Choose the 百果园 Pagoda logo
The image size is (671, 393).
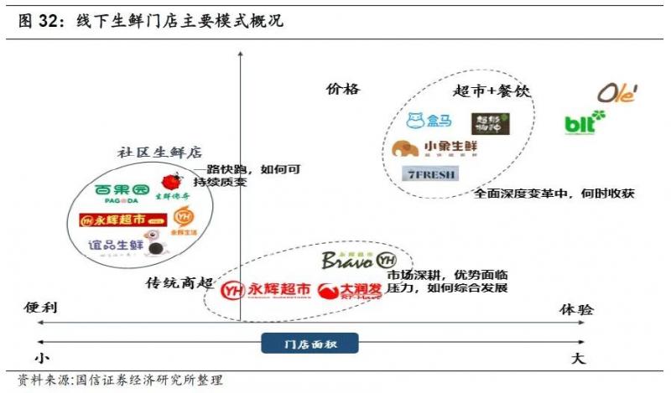coord(122,192)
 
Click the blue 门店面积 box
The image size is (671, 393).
coord(309,343)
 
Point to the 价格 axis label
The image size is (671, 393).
coord(342,89)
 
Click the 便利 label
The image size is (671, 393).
coord(40,308)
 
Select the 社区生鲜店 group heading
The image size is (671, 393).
coord(159,153)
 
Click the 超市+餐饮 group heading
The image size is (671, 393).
coord(492,91)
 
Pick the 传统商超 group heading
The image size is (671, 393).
coord(179,282)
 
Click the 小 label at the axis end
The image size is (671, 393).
coord(38,359)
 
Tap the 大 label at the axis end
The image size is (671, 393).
coord(578,359)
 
